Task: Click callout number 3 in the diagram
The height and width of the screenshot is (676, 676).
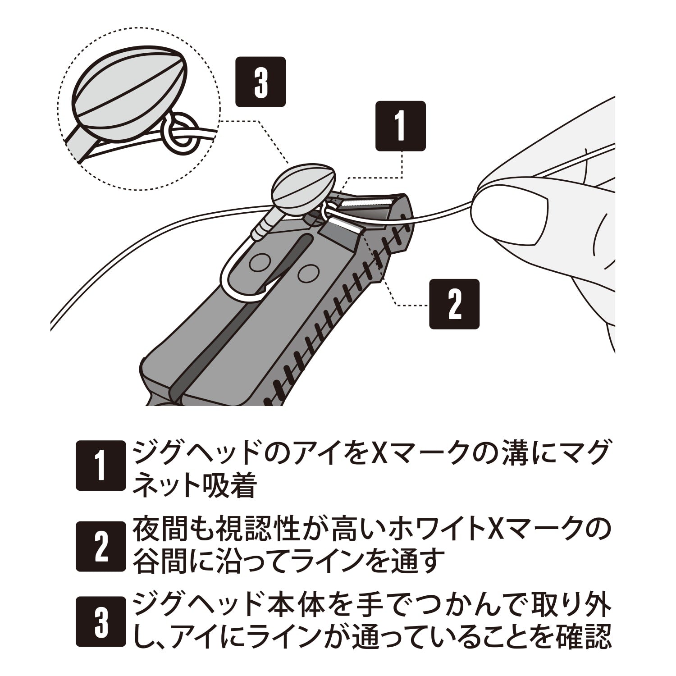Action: (x=261, y=82)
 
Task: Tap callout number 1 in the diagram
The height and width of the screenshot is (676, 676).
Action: (x=401, y=126)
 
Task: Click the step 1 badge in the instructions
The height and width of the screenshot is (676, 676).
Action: (x=100, y=465)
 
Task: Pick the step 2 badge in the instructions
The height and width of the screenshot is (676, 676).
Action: (x=100, y=547)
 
